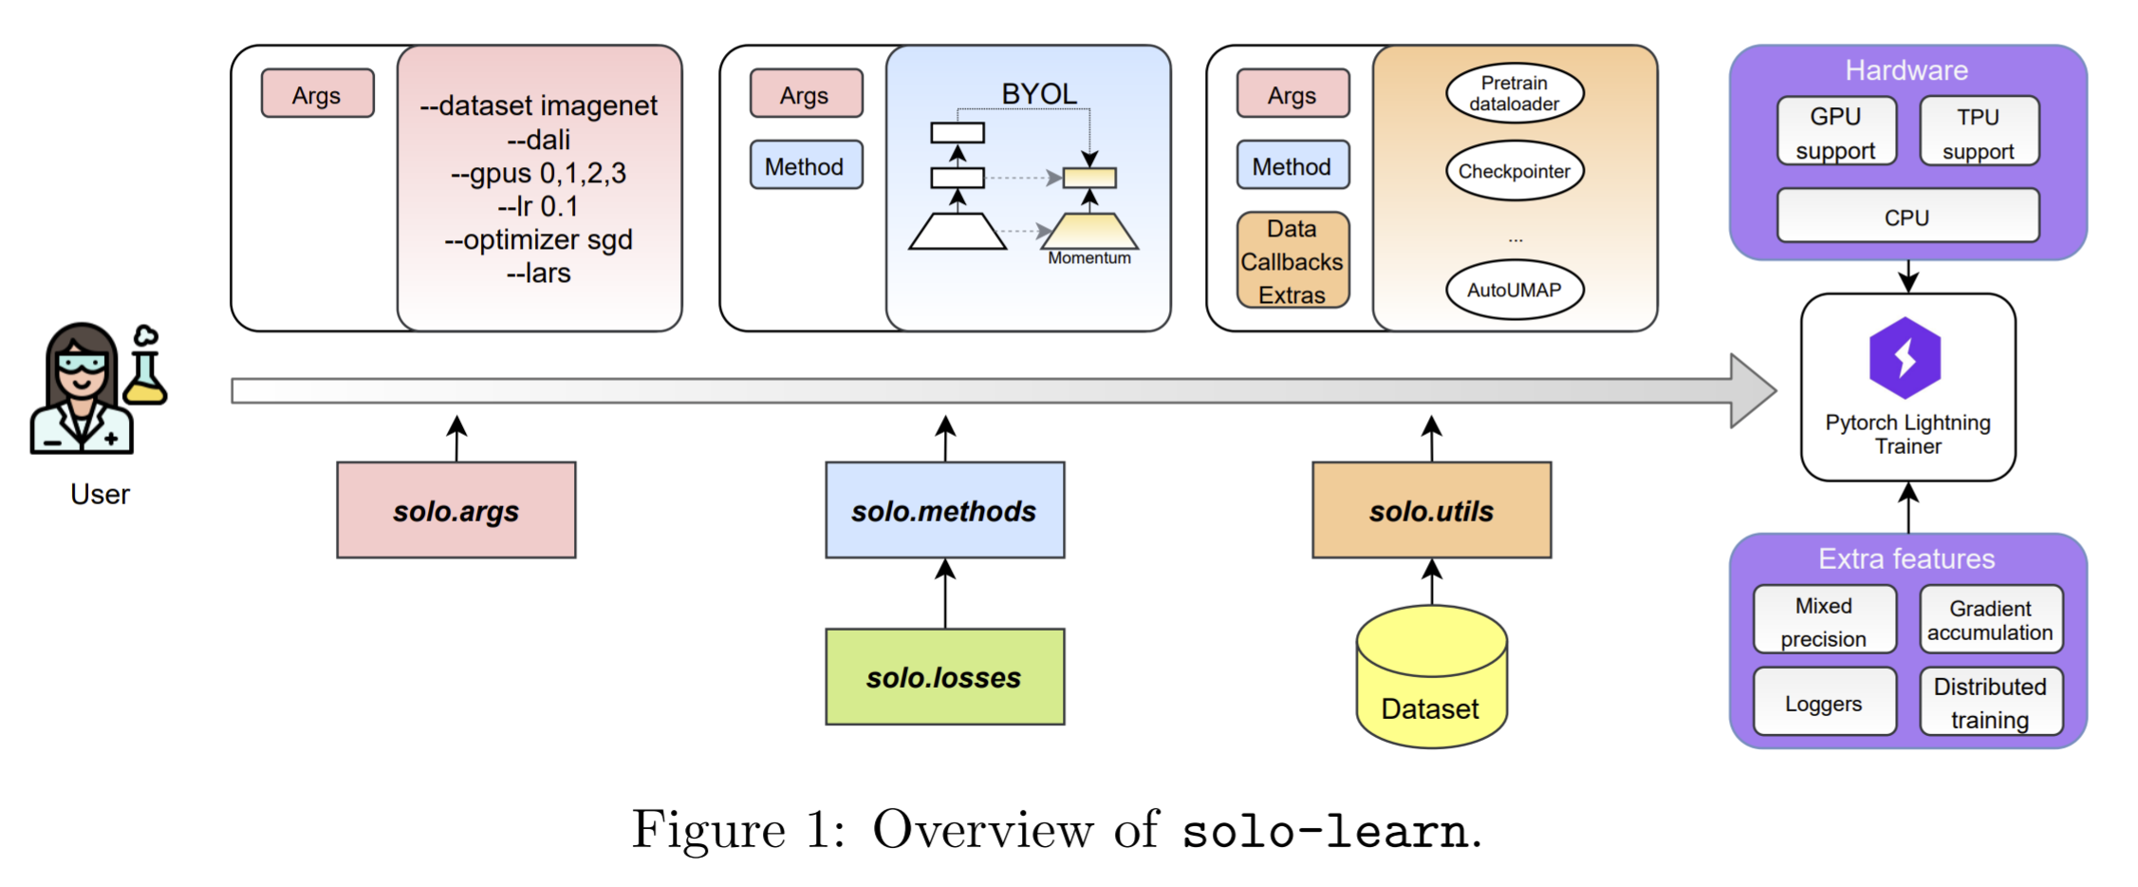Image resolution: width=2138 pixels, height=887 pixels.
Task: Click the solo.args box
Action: pos(455,510)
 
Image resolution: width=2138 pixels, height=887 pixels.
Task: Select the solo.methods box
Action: pos(944,510)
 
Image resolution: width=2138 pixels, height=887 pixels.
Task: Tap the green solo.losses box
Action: pos(944,676)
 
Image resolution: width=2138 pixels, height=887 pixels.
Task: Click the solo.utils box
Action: pos(1431,510)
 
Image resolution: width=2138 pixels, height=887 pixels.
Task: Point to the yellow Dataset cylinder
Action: pos(1431,684)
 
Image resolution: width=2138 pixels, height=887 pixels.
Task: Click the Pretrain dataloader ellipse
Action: pos(1515,93)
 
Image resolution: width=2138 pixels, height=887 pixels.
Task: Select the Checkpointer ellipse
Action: pos(1515,171)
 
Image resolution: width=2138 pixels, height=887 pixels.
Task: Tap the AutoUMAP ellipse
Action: pos(1515,290)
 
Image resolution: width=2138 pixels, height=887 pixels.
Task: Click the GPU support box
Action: pos(1836,131)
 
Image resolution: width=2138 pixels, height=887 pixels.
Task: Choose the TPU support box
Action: pos(1979,131)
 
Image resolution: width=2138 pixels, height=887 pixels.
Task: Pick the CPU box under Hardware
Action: pos(1907,216)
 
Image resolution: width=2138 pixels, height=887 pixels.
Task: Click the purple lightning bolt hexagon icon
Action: pos(1905,357)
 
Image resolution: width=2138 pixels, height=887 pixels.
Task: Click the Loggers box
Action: pos(1824,702)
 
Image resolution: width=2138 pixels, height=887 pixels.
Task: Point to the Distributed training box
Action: pos(1991,702)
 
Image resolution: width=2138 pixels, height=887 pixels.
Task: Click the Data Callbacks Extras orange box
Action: pos(1292,260)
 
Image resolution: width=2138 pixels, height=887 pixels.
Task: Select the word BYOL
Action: pos(1039,94)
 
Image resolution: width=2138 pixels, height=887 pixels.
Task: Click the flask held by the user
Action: pos(145,374)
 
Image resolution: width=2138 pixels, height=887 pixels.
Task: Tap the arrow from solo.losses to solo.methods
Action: pos(945,594)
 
